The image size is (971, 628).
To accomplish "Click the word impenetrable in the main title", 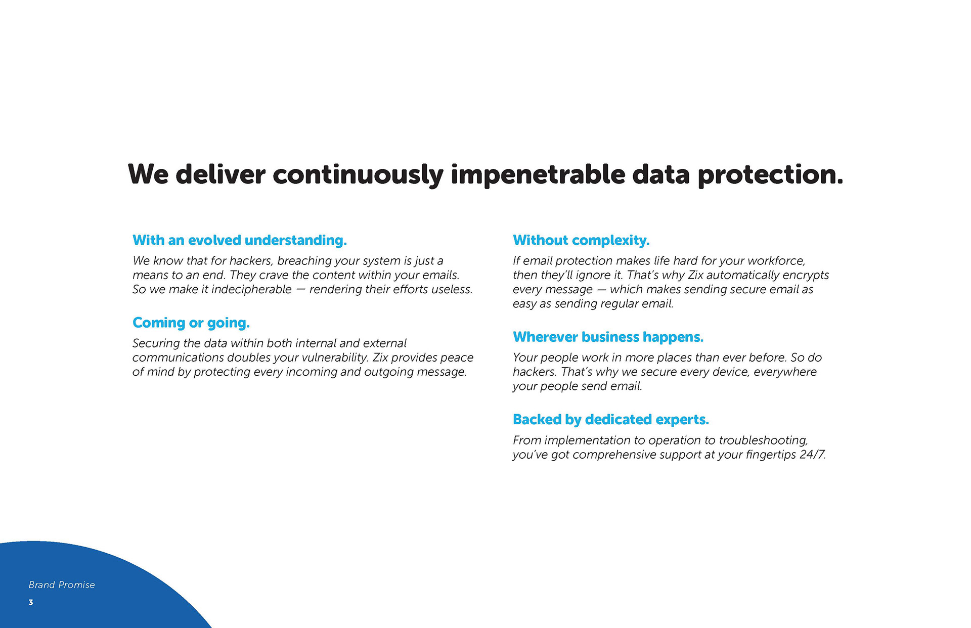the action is (538, 175).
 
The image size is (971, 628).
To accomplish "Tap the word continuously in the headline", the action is (358, 175).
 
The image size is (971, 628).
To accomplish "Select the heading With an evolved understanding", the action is (240, 240).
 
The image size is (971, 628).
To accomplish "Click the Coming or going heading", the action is (191, 323).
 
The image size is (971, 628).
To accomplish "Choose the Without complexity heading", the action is (581, 240).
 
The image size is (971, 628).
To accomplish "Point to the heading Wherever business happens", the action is (608, 337).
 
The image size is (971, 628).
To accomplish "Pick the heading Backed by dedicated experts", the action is (611, 420).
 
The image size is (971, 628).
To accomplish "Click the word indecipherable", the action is (251, 289).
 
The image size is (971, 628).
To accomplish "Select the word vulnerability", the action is (334, 358).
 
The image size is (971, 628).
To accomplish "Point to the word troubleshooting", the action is (763, 441).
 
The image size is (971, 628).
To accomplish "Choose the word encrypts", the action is (804, 276).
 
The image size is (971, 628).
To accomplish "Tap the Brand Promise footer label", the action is (62, 585).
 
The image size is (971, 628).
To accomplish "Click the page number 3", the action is (31, 602).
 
